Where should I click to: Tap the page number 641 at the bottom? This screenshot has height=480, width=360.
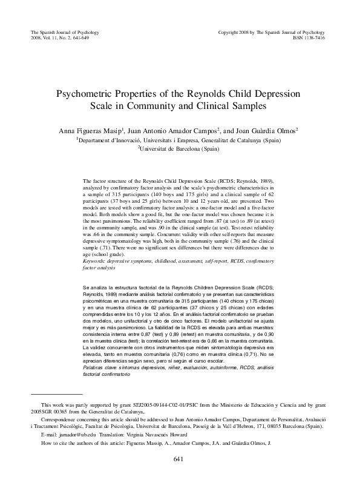[x=179, y=459]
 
